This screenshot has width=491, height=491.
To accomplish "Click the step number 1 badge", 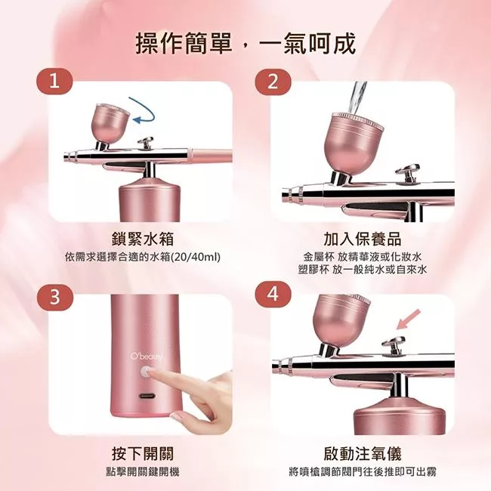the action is (55, 82).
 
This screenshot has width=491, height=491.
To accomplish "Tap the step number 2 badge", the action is (273, 82).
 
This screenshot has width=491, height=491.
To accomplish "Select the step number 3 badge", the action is (55, 297).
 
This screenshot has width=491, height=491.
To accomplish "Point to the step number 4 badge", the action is (273, 295).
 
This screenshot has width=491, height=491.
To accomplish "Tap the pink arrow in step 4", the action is (409, 319).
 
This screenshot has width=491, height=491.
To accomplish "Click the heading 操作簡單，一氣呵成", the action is (246, 44).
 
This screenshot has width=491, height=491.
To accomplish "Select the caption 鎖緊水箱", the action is (143, 239).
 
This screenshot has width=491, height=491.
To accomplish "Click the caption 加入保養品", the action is (363, 239).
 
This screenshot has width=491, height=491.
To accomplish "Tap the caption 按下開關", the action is (143, 454).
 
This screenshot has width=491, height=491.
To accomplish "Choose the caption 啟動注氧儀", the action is (363, 454).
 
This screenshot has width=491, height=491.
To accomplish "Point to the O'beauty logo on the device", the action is (147, 357).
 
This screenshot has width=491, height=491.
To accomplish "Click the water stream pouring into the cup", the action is (359, 99).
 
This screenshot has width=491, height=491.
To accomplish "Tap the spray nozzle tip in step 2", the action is (286, 194).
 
